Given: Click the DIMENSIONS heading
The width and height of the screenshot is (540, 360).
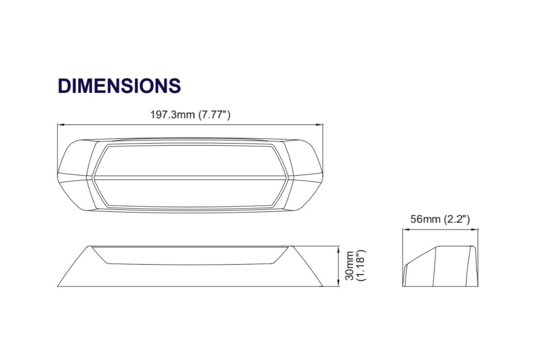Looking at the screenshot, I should tap(119, 86).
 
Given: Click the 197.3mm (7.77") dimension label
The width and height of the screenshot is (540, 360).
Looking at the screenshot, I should tap(190, 115).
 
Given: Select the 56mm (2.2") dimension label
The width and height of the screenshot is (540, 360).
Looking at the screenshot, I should tap(440, 219).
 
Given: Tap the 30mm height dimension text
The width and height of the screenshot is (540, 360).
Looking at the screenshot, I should tap(349, 265).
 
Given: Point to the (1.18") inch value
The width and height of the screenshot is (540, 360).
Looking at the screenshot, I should tap(361, 265).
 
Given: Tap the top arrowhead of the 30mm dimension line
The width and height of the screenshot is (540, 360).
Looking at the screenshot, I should tap(338, 249).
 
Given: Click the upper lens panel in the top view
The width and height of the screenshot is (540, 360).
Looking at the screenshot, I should tap(190, 160).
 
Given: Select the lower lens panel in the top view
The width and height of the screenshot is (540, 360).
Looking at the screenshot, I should tap(190, 192).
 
